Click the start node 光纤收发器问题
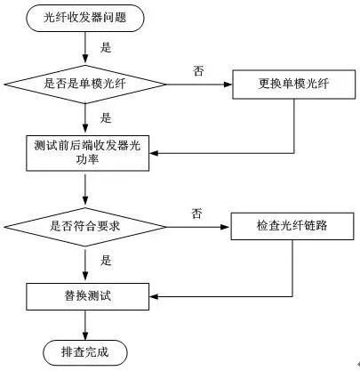tap(85, 17)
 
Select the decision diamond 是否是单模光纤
tap(85, 85)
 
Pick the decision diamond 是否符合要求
tap(85, 225)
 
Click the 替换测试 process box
tap(85, 292)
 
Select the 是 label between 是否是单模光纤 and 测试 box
tap(106, 117)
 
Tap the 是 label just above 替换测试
tap(106, 261)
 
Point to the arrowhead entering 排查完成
tap(85, 333)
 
